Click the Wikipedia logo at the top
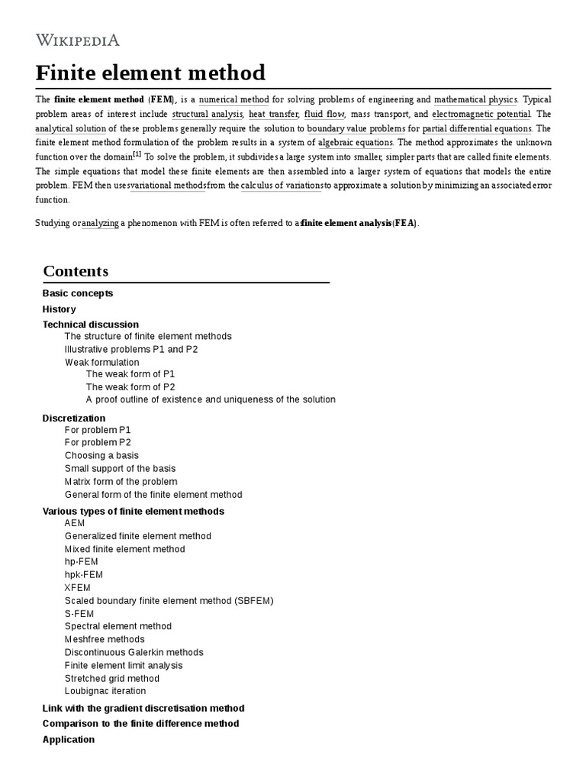[x=78, y=40]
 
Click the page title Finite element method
[x=150, y=73]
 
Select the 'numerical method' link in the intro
[x=229, y=100]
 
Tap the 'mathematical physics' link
[x=475, y=100]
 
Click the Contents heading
[x=76, y=271]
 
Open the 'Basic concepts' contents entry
[x=78, y=293]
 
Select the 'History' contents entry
[x=59, y=309]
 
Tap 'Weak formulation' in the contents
[x=102, y=362]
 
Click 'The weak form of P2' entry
[x=130, y=386]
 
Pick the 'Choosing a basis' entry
[x=101, y=455]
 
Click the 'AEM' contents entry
[x=75, y=523]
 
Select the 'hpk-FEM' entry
[x=84, y=574]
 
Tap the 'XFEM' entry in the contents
[x=78, y=587]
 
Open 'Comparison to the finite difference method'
[x=140, y=723]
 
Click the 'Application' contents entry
[x=69, y=739]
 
